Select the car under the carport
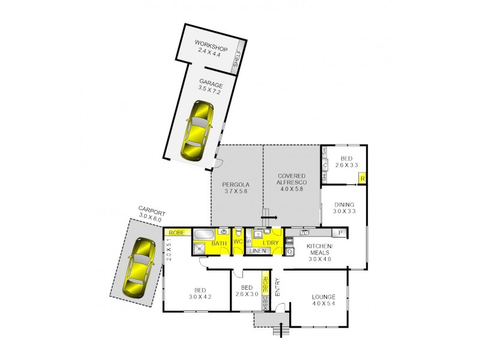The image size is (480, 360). click(x=137, y=268)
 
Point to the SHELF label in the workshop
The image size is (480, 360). click(x=238, y=58)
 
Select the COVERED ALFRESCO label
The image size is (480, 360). click(x=292, y=181)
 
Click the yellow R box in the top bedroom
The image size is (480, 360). click(x=362, y=178)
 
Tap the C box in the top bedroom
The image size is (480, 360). click(x=325, y=166)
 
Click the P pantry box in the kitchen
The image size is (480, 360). click(x=340, y=233)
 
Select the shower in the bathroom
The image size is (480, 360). click(x=199, y=248)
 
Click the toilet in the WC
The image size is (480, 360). click(x=238, y=232)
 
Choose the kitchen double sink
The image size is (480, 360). click(x=305, y=232)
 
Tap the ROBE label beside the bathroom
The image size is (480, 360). click(x=176, y=232)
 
